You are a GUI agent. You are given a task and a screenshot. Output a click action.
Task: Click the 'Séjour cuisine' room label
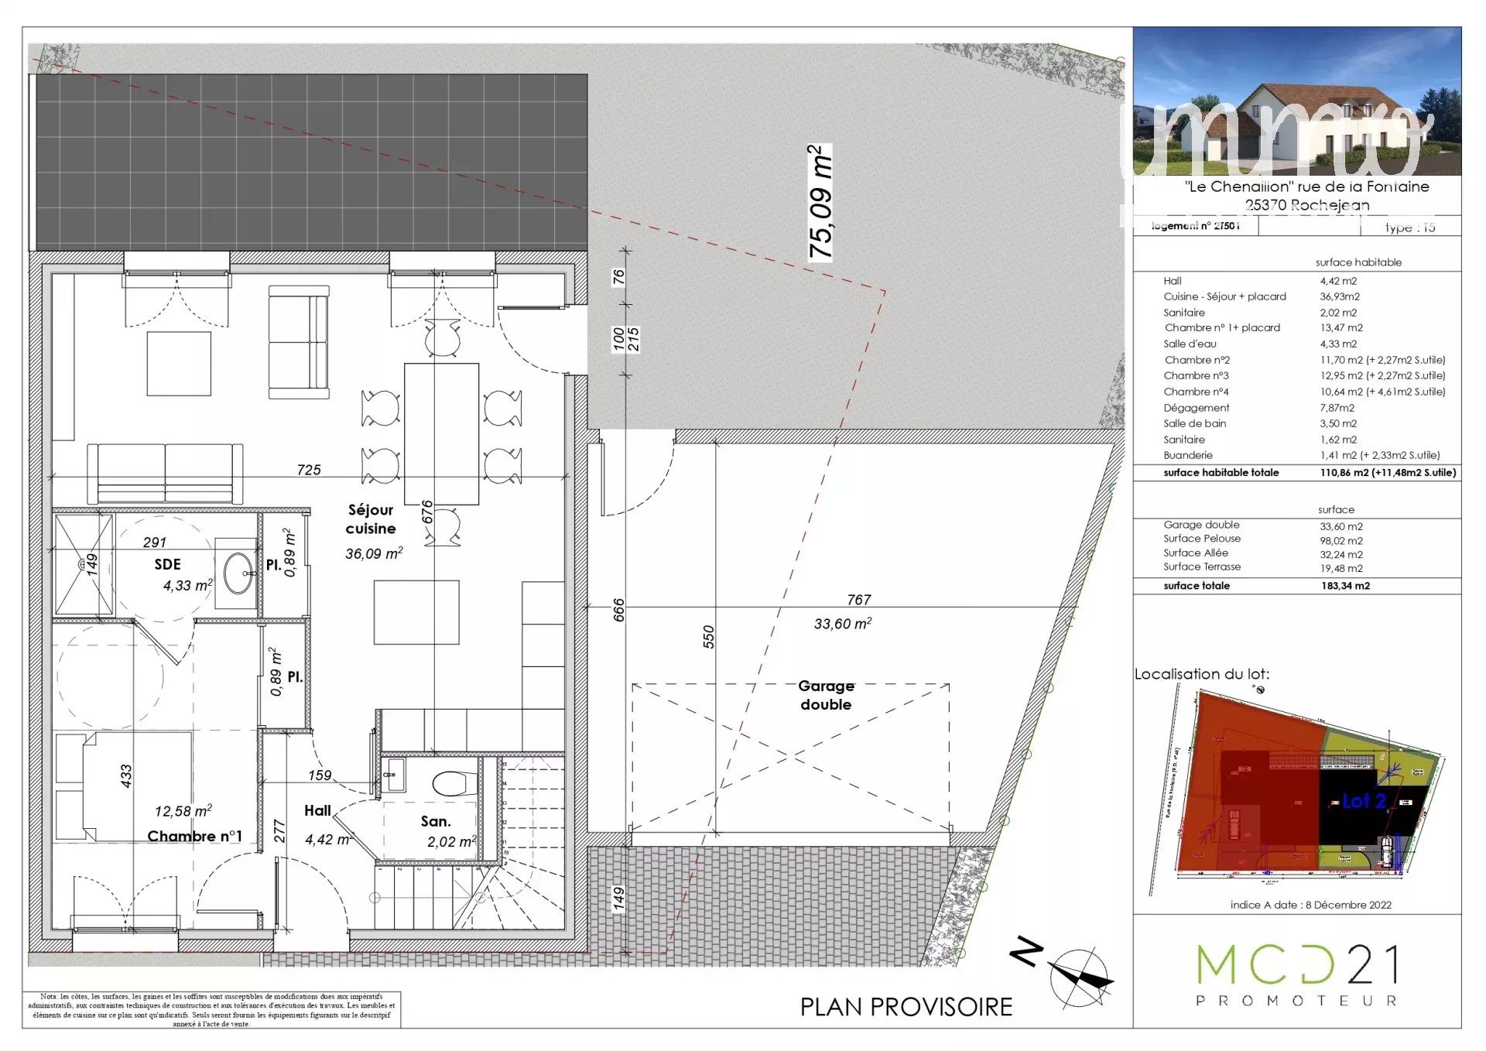click(371, 519)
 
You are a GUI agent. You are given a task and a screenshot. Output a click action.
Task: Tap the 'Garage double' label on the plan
click(826, 695)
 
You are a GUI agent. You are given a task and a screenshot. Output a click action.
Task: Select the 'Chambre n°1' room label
click(194, 837)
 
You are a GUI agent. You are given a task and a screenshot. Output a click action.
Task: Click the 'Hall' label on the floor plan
click(317, 811)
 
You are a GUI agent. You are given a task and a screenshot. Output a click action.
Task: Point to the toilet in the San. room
click(454, 782)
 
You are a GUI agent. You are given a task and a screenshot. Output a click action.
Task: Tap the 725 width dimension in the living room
click(309, 471)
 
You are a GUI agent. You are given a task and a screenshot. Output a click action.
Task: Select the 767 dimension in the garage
click(858, 600)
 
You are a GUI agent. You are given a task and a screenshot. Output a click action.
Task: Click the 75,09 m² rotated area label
click(820, 203)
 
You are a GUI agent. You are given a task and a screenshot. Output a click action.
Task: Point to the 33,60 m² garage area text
click(842, 624)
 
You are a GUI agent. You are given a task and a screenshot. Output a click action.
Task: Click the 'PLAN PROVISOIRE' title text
click(906, 1007)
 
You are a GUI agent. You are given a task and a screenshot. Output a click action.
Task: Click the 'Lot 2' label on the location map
click(1364, 801)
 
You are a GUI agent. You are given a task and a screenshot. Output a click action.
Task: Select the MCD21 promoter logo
click(1297, 974)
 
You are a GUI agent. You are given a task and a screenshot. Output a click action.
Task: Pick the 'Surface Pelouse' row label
click(1201, 539)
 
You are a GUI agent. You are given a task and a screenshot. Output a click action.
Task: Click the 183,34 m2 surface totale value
click(1345, 586)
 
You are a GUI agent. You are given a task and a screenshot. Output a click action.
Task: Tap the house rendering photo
click(1297, 101)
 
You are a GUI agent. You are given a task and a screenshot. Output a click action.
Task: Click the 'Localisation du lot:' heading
click(1201, 674)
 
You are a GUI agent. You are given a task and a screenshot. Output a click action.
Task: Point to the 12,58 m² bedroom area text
click(183, 811)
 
